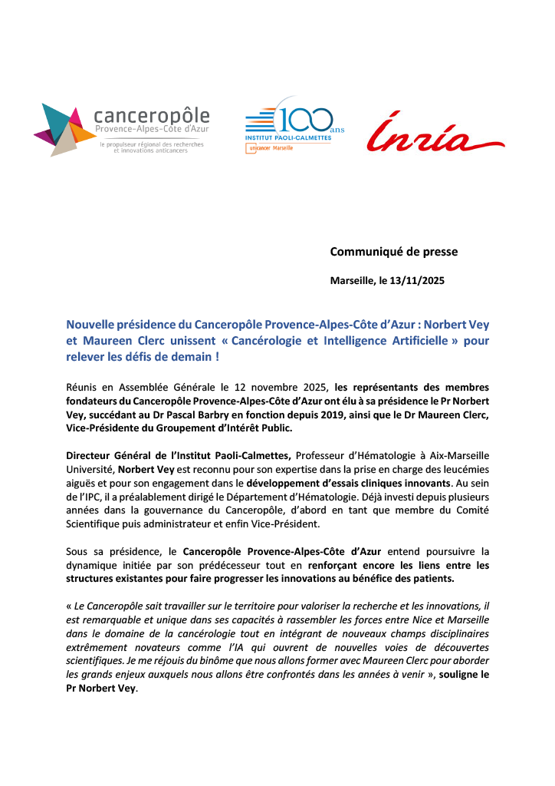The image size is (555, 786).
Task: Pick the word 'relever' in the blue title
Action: pyautogui.click(x=85, y=357)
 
